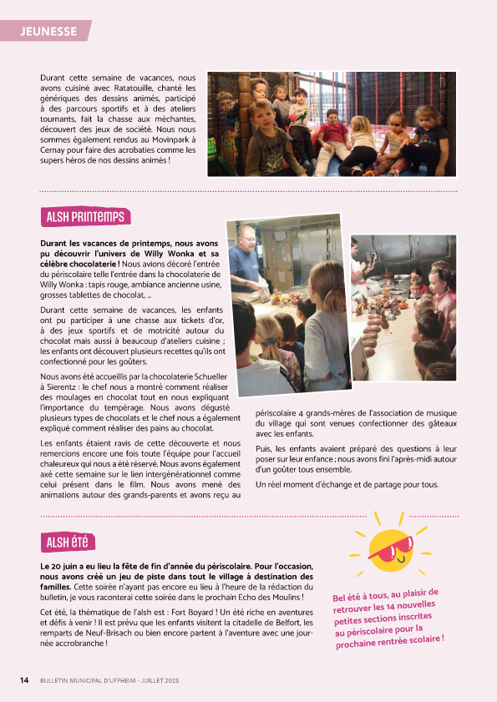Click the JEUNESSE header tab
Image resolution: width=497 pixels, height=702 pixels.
pyautogui.click(x=48, y=32)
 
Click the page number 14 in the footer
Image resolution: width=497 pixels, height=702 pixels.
pyautogui.click(x=25, y=680)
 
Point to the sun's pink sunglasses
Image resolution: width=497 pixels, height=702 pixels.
pyautogui.click(x=390, y=550)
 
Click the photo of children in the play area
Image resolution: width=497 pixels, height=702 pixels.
pyautogui.click(x=332, y=124)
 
